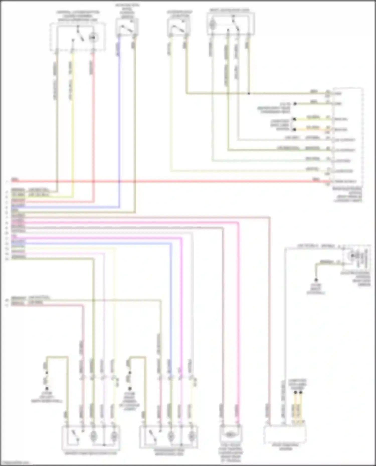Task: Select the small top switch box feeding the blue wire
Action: coord(127,27)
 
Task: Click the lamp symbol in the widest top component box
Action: coord(213,25)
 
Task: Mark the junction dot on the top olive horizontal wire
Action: coord(249,94)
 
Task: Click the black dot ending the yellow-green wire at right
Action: coord(295,119)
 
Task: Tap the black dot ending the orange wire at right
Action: coord(295,130)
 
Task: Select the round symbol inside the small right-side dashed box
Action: coord(352,256)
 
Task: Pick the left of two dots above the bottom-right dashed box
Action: coord(295,392)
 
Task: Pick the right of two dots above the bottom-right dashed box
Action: coord(301,392)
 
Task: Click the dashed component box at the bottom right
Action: coord(285,435)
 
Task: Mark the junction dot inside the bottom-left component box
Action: coord(104,445)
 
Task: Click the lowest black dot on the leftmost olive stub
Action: coord(47,389)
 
